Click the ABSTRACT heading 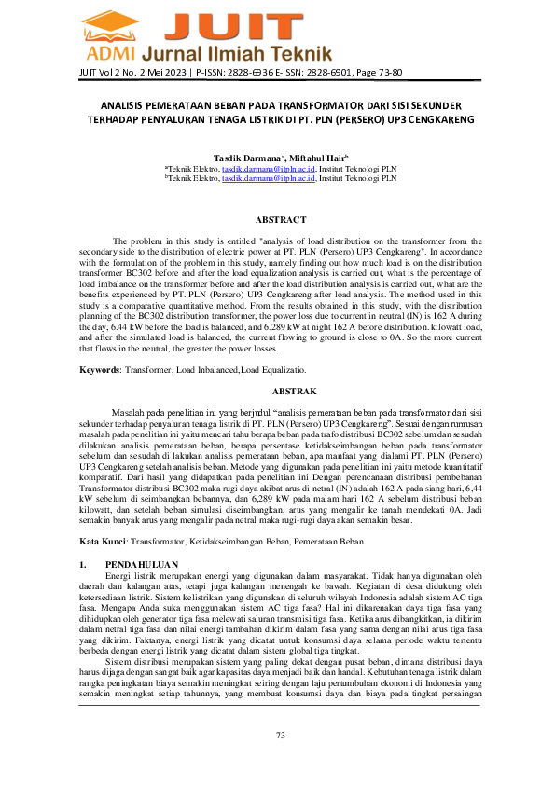click(277, 219)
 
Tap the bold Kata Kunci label click(104, 541)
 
